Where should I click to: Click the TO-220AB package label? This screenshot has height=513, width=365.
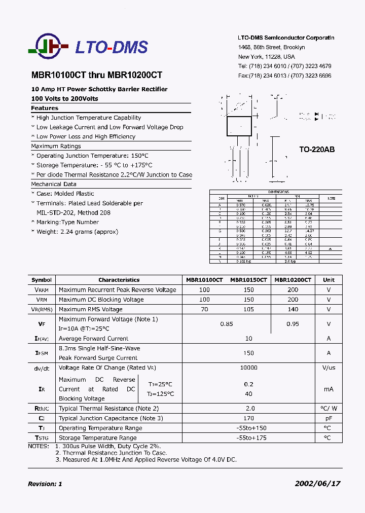(x=317, y=150)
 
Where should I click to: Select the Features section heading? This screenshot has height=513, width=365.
(x=45, y=108)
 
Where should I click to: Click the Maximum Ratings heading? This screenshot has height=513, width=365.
(x=56, y=146)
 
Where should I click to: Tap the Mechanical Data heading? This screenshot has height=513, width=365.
(x=54, y=184)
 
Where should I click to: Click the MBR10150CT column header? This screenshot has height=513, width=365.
(x=248, y=280)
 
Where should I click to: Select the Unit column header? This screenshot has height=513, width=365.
(x=328, y=280)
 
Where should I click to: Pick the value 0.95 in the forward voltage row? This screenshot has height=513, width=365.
(x=293, y=324)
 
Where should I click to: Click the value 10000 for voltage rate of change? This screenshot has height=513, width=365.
(x=248, y=368)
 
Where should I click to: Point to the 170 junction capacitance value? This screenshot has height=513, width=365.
(x=248, y=418)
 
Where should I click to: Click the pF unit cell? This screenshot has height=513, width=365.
(x=328, y=418)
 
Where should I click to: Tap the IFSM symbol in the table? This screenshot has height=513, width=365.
(x=42, y=353)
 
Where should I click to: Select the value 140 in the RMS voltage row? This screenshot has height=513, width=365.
(x=293, y=309)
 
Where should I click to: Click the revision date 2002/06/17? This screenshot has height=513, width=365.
(x=317, y=484)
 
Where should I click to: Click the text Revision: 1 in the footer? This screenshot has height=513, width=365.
(x=45, y=484)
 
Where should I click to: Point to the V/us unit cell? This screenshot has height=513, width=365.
(x=328, y=368)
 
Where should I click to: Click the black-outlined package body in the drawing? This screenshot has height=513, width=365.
(x=239, y=126)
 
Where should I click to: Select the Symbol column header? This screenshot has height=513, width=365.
(x=42, y=280)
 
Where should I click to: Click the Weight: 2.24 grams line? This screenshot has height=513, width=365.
(x=77, y=232)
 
